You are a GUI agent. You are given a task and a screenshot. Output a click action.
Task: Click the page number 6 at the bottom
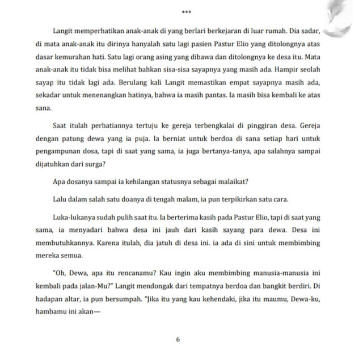pos(178,340)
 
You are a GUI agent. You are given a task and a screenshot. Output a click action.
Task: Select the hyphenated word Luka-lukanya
pos(74,217)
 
